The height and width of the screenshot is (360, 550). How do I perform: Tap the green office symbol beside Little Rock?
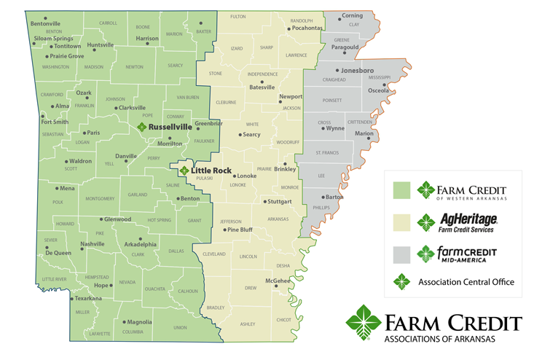[x=184, y=171]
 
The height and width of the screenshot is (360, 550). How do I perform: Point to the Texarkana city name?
[x=89, y=298]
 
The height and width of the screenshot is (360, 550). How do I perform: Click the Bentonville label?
[x=45, y=23]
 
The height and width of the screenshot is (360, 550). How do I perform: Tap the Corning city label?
[x=352, y=16]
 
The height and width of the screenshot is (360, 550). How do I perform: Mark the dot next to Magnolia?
[x=123, y=321]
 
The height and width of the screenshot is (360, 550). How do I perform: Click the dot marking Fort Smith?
[x=43, y=115]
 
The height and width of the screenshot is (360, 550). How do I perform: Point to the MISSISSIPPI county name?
[x=379, y=77]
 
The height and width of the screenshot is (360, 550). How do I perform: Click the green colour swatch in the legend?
[x=401, y=190]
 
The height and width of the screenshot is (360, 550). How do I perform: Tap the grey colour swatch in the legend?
[x=401, y=254]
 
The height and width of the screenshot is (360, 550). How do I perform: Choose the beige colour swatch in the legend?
[x=401, y=222]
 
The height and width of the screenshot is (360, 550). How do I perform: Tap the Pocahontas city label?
[x=306, y=28]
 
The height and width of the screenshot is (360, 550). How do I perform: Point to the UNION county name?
[x=179, y=328]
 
